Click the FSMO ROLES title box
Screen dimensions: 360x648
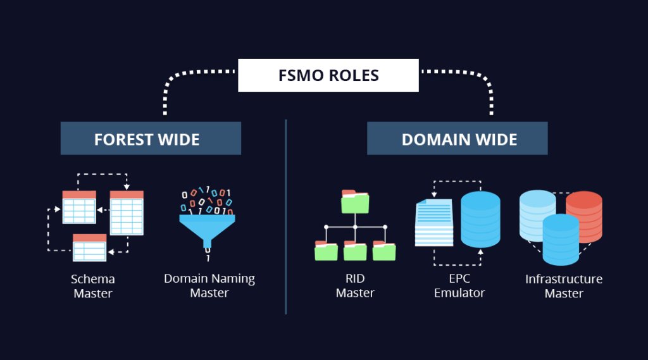click(328, 75)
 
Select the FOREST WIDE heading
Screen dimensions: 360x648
click(151, 139)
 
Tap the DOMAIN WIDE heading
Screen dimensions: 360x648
click(458, 139)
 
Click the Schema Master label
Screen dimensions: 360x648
click(92, 286)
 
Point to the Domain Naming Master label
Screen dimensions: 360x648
click(209, 286)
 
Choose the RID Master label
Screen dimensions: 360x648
click(354, 286)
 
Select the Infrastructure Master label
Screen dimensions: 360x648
click(563, 286)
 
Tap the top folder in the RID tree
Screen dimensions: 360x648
click(355, 201)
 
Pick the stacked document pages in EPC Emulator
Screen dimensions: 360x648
click(434, 222)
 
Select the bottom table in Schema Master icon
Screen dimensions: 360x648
click(89, 247)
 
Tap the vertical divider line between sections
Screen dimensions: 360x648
click(286, 215)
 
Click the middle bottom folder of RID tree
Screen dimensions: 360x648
click(355, 251)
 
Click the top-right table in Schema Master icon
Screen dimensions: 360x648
click(127, 213)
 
